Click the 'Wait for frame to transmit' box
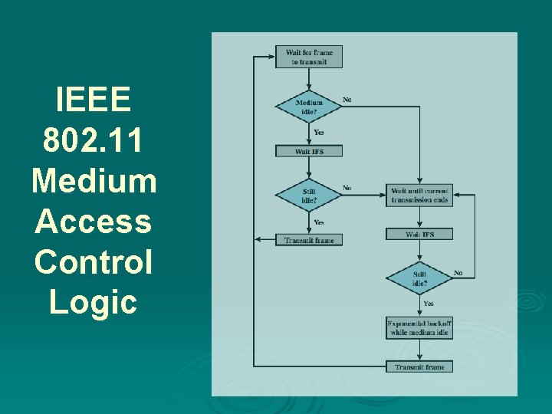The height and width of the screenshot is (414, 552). click(309, 57)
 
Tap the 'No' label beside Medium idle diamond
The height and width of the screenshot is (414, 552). click(347, 99)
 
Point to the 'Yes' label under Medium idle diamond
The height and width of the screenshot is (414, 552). click(319, 133)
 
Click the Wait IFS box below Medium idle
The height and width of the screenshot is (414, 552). click(309, 151)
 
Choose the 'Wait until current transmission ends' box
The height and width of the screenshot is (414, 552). click(419, 195)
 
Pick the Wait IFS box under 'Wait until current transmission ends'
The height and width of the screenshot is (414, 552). click(419, 234)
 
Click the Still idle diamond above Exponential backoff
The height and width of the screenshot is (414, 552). click(419, 278)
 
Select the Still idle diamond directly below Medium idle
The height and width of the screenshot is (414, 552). click(309, 195)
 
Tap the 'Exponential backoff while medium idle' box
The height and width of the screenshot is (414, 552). click(419, 328)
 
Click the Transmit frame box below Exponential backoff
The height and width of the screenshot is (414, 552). click(419, 366)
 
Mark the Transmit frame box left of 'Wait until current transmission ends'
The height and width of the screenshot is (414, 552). click(309, 240)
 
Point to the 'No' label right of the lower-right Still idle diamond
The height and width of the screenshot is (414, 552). click(458, 273)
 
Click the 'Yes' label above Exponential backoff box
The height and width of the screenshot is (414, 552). click(429, 304)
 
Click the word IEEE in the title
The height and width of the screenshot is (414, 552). click(94, 100)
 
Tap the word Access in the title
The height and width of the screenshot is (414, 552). click(94, 222)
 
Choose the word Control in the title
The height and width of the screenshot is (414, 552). click(94, 262)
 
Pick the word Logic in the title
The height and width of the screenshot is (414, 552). click(94, 302)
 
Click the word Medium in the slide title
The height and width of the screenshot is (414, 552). click(94, 182)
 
